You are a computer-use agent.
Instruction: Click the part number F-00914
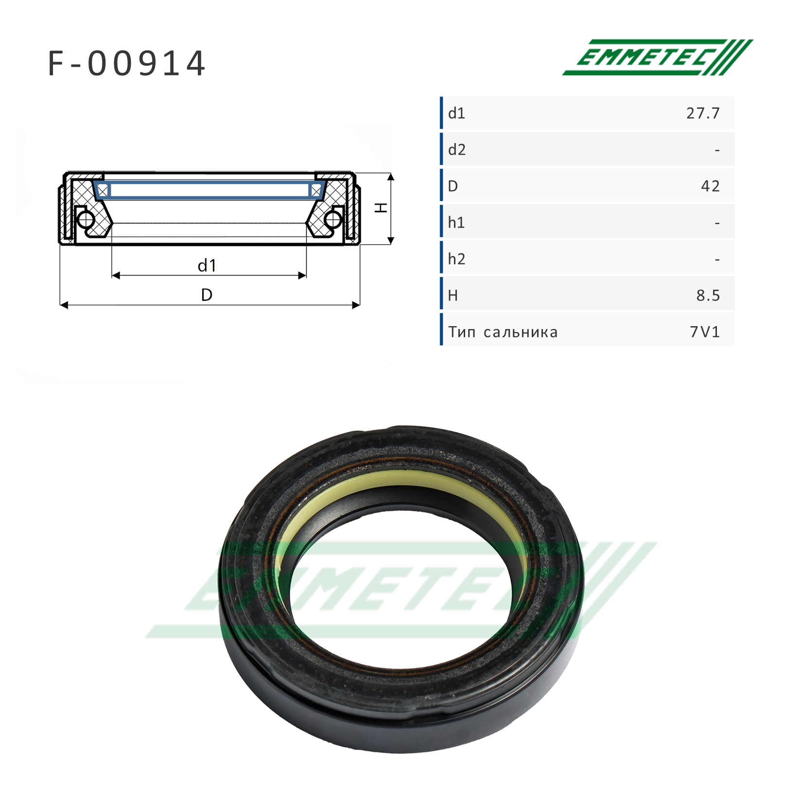pyautogui.click(x=127, y=64)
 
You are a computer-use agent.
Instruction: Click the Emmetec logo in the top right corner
pyautogui.click(x=658, y=57)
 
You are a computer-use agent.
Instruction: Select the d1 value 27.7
pyautogui.click(x=703, y=113)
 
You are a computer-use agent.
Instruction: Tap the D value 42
pyautogui.click(x=710, y=186)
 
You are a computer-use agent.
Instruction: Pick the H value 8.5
pyautogui.click(x=708, y=296)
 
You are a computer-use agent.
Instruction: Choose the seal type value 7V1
pyautogui.click(x=705, y=332)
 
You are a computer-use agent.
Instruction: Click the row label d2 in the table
pyautogui.click(x=457, y=150)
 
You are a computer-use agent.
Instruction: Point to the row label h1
pyautogui.click(x=456, y=223)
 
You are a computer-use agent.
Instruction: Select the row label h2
pyautogui.click(x=457, y=259)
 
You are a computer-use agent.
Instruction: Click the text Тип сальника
pyautogui.click(x=503, y=332)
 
